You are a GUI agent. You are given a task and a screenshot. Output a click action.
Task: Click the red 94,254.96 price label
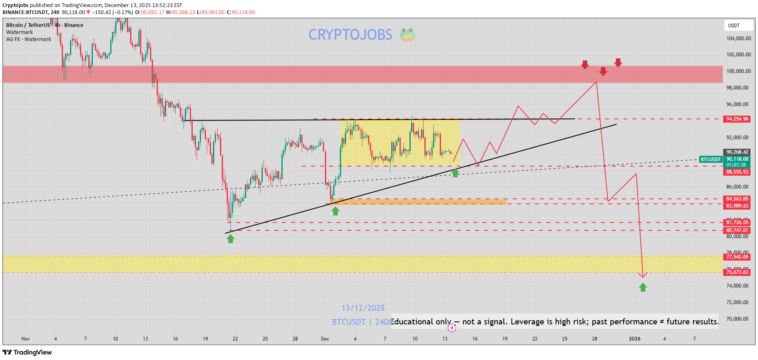pyautogui.click(x=737, y=119)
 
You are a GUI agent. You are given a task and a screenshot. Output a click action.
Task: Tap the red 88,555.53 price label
pyautogui.click(x=737, y=172)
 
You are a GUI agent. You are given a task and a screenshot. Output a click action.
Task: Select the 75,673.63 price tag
pyautogui.click(x=737, y=272)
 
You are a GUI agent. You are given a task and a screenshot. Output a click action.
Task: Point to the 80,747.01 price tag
pyautogui.click(x=737, y=230)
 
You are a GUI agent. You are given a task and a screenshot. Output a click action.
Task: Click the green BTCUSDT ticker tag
pyautogui.click(x=711, y=159)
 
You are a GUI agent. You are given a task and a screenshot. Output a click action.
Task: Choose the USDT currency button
pyautogui.click(x=738, y=26)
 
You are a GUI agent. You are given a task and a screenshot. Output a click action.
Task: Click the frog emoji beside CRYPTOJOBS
pyautogui.click(x=407, y=34)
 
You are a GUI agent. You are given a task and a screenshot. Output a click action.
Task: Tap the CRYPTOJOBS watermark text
pyautogui.click(x=350, y=35)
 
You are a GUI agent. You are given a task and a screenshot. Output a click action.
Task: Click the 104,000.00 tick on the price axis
pyautogui.click(x=738, y=39)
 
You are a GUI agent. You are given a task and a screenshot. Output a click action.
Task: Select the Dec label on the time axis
pyautogui.click(x=325, y=339)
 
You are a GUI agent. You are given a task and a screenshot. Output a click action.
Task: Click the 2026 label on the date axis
pyautogui.click(x=634, y=339)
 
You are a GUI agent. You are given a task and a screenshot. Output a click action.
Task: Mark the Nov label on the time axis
pyautogui.click(x=26, y=339)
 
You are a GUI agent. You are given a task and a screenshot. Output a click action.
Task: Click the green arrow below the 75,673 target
pyautogui.click(x=643, y=287)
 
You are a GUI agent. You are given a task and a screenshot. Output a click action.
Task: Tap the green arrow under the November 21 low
pyautogui.click(x=231, y=239)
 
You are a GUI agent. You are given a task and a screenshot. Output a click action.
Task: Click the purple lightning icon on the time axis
pyautogui.click(x=452, y=328)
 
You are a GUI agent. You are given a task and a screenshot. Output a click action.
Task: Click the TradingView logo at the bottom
pyautogui.click(x=27, y=353)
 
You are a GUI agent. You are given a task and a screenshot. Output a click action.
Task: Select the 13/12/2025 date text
pyautogui.click(x=363, y=308)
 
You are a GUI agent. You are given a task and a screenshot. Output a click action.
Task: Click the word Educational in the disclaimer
pyautogui.click(x=413, y=322)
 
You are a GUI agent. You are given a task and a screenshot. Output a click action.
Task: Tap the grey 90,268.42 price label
pyautogui.click(x=737, y=152)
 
